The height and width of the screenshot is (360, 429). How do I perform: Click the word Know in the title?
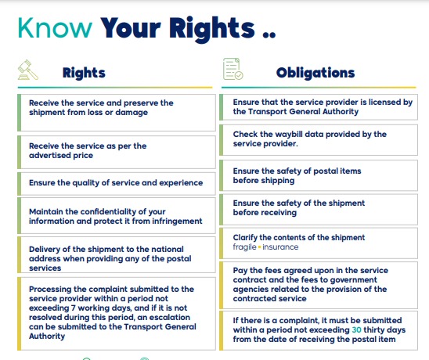55,27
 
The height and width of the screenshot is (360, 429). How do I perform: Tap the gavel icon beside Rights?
28,70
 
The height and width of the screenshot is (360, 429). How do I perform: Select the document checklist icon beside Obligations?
233,69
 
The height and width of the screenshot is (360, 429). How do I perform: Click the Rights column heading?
84,73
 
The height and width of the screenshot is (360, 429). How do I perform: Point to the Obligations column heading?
315,73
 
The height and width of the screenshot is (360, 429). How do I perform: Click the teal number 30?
356,330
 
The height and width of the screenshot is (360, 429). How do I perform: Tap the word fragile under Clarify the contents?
244,247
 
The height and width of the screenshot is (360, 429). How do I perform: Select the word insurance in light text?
280,247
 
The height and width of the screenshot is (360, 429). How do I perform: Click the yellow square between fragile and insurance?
259,247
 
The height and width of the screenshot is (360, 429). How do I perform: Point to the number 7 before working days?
73,308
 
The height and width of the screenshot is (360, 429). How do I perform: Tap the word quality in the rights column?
85,182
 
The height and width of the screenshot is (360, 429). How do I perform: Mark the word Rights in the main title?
212,29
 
